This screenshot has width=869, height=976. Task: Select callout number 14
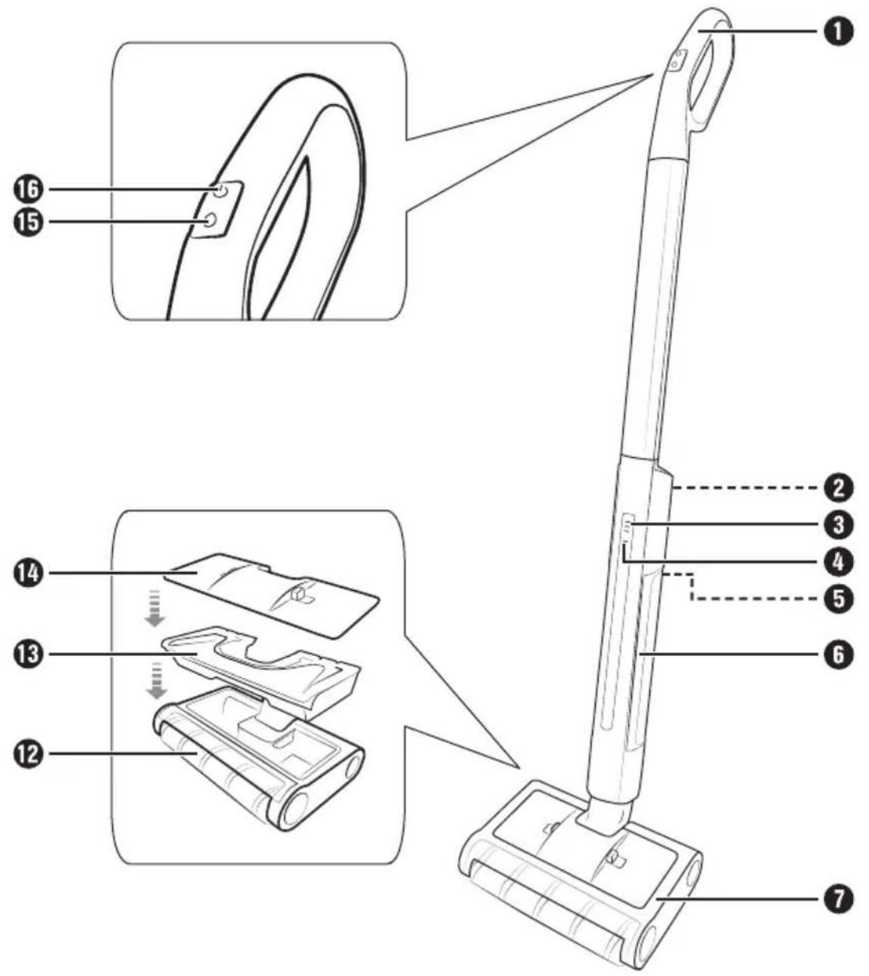coord(29,573)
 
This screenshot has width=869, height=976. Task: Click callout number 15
coord(29,222)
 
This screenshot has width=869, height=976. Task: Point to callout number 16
coord(29,189)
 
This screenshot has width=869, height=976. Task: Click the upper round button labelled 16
coord(220,190)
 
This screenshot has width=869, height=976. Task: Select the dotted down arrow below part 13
coord(155,681)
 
